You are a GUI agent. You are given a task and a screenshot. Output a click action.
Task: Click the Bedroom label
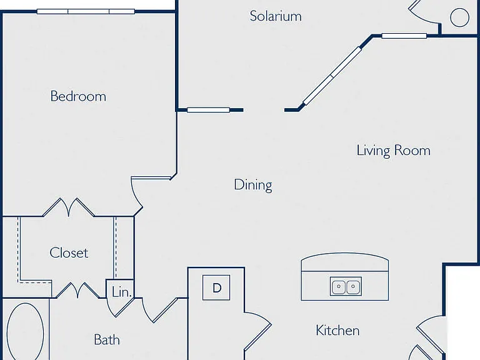pyautogui.click(x=78, y=96)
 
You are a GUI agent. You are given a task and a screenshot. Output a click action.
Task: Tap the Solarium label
pyautogui.click(x=276, y=16)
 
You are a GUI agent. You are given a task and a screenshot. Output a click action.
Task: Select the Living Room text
pyautogui.click(x=393, y=150)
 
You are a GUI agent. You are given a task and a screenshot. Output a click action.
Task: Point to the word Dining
pyautogui.click(x=253, y=185)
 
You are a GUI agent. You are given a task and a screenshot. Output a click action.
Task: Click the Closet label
pyautogui.click(x=69, y=252)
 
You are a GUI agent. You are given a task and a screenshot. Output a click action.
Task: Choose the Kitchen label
pyautogui.click(x=337, y=331)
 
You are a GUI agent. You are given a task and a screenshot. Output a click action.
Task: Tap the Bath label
pyautogui.click(x=106, y=339)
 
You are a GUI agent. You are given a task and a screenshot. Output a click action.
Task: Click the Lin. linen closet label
pyautogui.click(x=122, y=292)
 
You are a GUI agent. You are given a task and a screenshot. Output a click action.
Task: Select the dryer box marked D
pyautogui.click(x=216, y=287)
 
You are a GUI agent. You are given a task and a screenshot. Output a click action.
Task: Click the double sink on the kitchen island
pyautogui.click(x=346, y=286)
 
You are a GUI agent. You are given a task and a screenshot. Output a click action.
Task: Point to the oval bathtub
pyautogui.click(x=25, y=331)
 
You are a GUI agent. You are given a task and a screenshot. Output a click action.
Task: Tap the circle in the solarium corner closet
pyautogui.click(x=459, y=17)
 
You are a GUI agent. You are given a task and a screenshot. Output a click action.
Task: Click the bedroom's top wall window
pyautogui.click(x=86, y=12)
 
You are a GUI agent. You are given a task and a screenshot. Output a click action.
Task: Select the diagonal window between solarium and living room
pyautogui.click(x=332, y=76)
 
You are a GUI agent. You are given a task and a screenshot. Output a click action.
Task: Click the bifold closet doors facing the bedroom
pyautogui.click(x=69, y=207)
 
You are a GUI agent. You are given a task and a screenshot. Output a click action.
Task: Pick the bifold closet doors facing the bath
pyautogui.click(x=77, y=290)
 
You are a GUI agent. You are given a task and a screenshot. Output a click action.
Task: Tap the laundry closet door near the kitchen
pyautogui.click(x=257, y=331)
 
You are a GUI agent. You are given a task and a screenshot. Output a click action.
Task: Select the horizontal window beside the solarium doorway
pyautogui.click(x=209, y=110)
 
